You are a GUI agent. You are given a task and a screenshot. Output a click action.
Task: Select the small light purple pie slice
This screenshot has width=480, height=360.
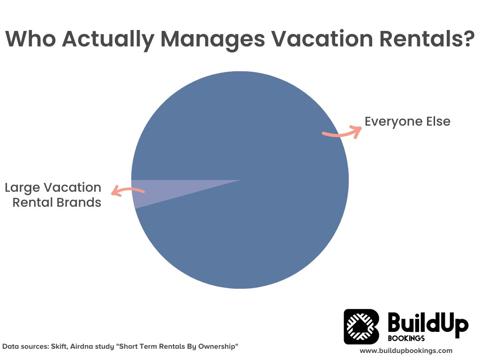141,192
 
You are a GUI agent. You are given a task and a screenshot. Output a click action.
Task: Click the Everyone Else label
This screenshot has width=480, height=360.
407,121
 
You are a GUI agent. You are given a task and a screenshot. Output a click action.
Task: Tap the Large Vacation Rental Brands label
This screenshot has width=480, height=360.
53,195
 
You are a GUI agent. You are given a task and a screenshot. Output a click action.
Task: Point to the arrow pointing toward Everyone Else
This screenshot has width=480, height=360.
343,132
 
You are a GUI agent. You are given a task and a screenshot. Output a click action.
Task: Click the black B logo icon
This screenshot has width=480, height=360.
361,326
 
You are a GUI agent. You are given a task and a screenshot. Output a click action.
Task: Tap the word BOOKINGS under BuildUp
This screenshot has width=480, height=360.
406,338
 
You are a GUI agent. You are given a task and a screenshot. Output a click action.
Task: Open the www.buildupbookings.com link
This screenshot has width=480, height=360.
406,350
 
